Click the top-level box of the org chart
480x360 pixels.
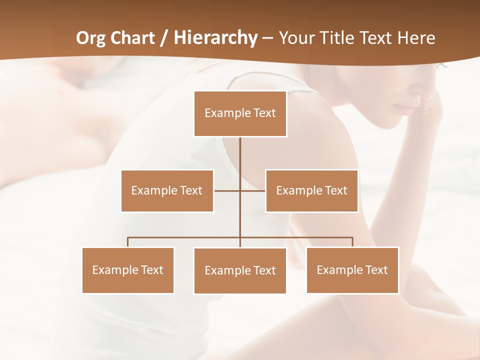click(240, 113)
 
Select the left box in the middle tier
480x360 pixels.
click(167, 190)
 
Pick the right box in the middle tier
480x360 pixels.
click(311, 190)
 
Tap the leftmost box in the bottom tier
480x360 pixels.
click(128, 270)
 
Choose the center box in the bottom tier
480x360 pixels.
click(240, 270)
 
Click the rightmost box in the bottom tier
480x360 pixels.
click(352, 270)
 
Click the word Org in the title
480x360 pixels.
click(89, 38)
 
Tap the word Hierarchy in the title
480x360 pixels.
click(215, 38)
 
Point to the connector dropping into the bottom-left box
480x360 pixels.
click(128, 242)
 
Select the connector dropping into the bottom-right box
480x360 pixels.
click(352, 242)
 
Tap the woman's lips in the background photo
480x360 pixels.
click(406, 108)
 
